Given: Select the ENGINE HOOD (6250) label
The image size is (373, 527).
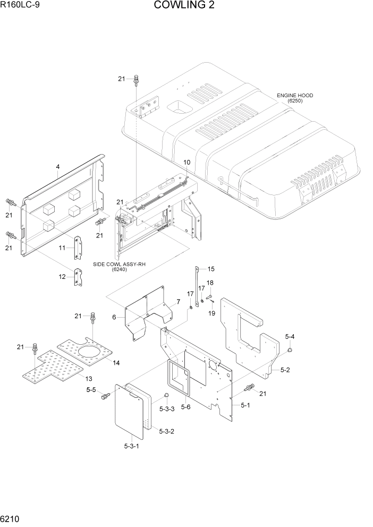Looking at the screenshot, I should click(x=294, y=98).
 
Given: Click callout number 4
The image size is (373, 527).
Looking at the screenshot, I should click(x=57, y=167).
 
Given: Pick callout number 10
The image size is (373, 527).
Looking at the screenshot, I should click(x=186, y=162).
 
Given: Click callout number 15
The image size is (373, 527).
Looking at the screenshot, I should click(x=210, y=269).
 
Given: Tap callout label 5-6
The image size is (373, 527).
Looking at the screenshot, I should click(x=185, y=407).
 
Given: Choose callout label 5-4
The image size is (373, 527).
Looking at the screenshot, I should click(x=290, y=337).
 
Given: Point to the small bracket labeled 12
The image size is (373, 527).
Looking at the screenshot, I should click(x=79, y=278).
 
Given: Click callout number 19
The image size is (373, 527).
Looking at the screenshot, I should click(x=211, y=313).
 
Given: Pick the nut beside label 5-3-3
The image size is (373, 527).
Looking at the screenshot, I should click(x=166, y=395).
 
